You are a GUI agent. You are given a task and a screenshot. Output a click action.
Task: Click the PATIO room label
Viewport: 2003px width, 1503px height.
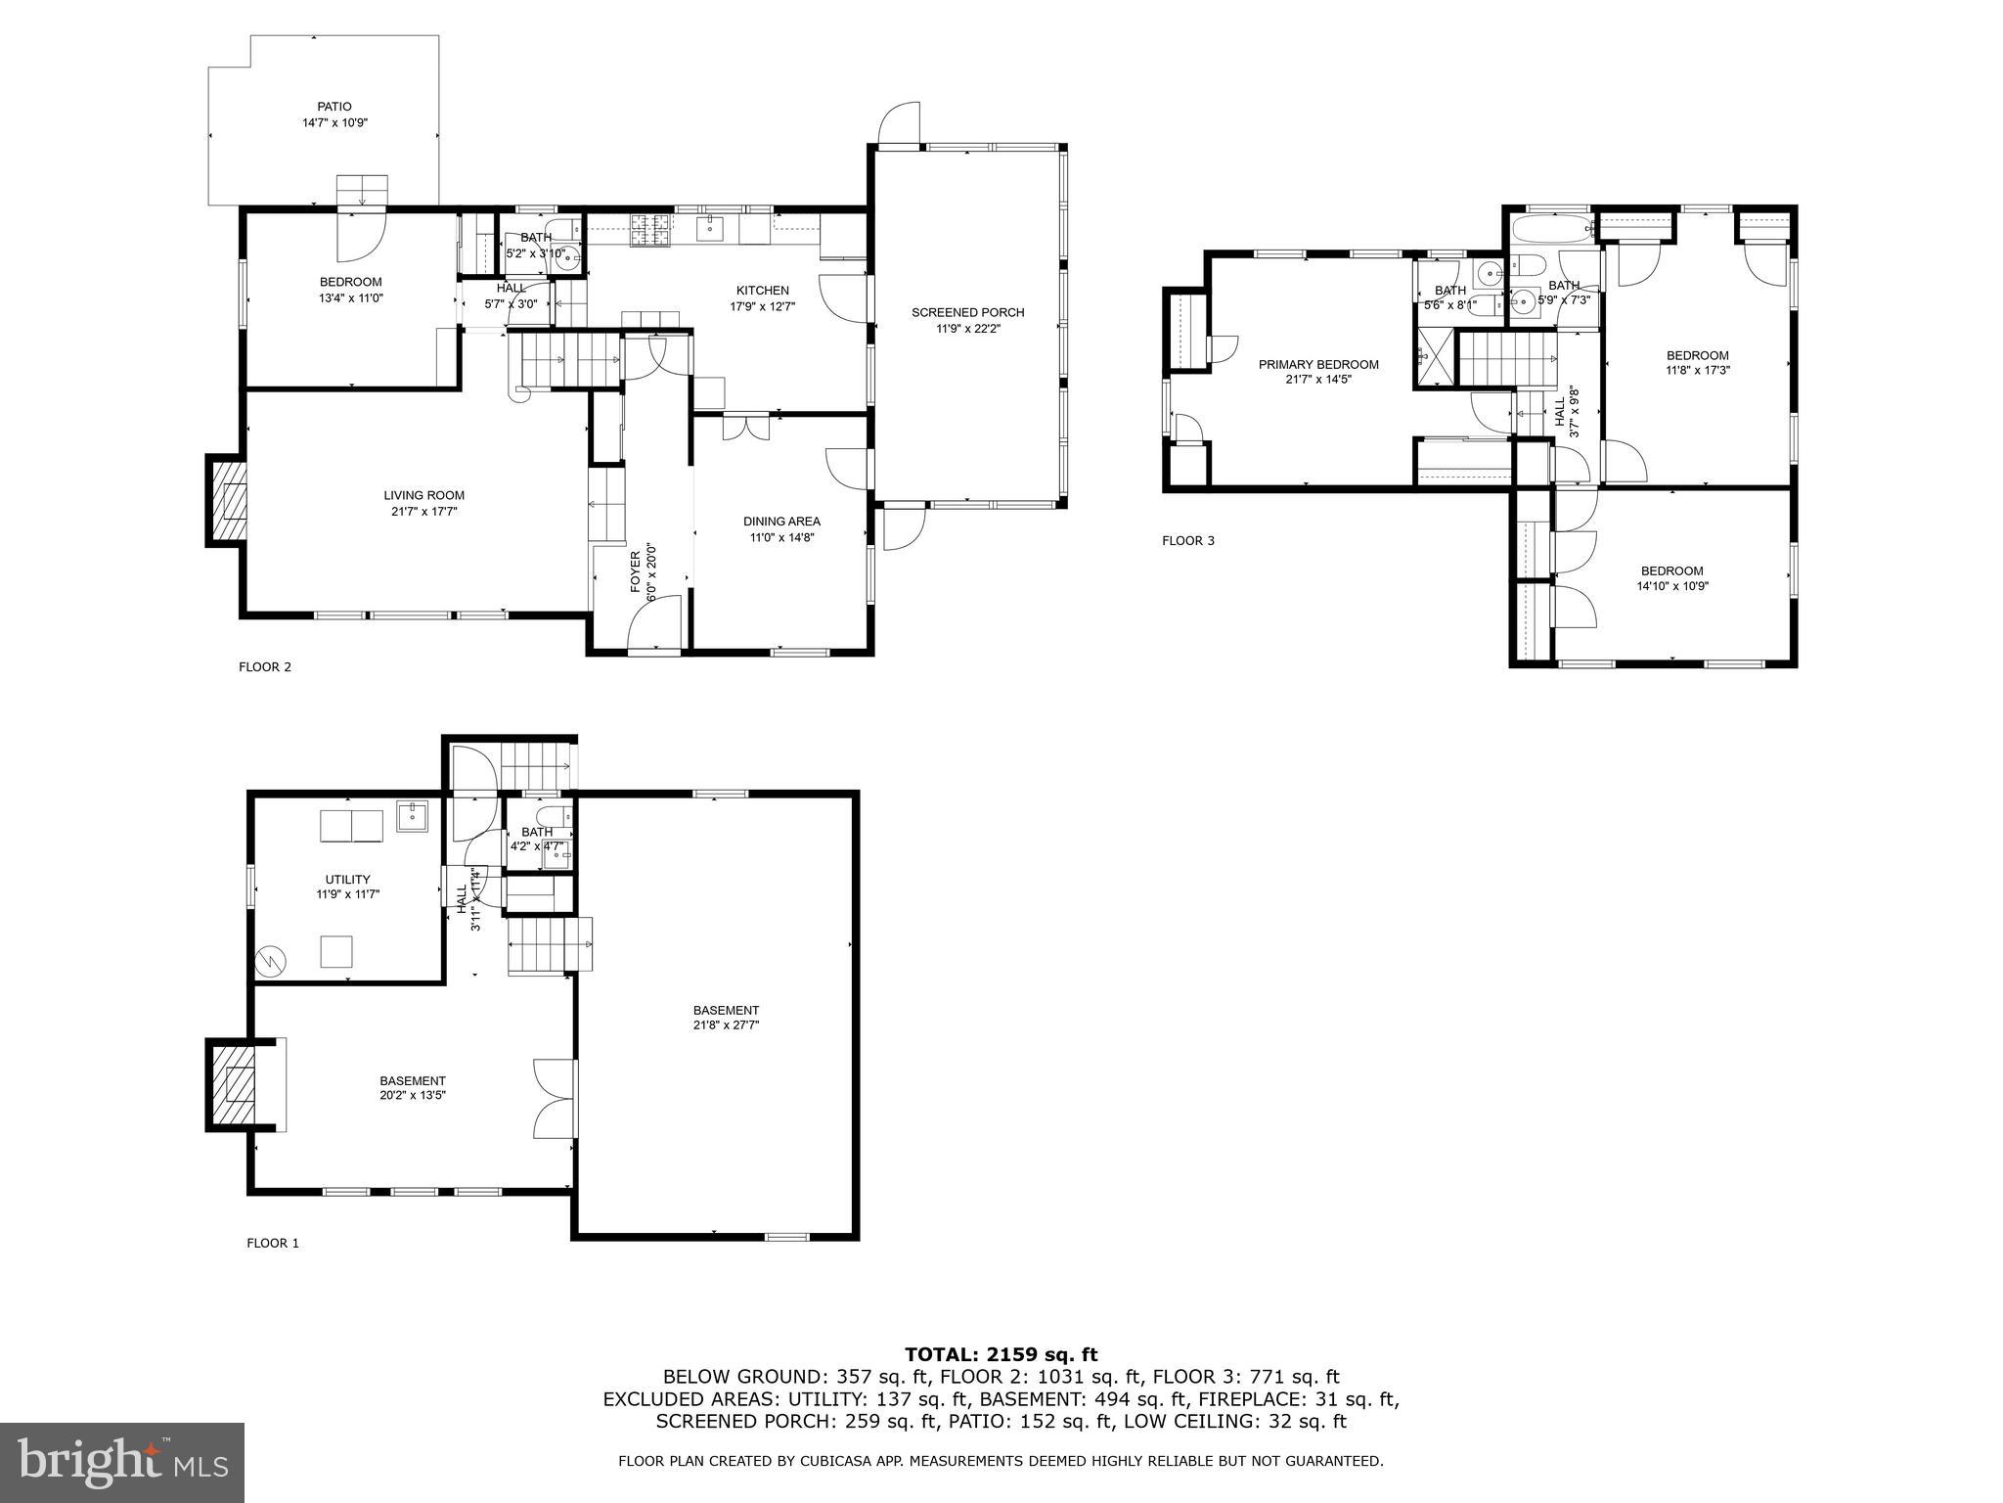(x=334, y=107)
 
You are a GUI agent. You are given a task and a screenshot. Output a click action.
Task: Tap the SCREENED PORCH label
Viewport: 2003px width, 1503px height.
(x=967, y=313)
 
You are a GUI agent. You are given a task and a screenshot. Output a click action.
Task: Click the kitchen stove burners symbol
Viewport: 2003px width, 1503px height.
(x=652, y=229)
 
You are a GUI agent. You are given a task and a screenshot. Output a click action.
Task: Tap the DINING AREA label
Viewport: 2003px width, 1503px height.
(x=781, y=522)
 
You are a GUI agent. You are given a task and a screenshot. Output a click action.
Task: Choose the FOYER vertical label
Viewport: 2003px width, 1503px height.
(x=635, y=570)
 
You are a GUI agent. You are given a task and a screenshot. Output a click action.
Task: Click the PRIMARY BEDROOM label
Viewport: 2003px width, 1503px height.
(x=1317, y=365)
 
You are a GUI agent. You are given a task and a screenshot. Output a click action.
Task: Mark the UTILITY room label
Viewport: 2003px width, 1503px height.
(x=347, y=880)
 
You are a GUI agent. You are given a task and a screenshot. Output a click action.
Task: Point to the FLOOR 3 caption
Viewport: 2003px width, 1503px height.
(x=1187, y=541)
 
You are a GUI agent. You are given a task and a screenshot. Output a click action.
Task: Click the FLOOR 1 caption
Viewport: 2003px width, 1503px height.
(x=272, y=1244)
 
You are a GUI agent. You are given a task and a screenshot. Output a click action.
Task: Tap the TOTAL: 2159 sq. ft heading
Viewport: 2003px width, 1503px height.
(x=1001, y=1354)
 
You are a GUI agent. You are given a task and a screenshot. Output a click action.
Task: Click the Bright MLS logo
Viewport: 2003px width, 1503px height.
(x=122, y=1462)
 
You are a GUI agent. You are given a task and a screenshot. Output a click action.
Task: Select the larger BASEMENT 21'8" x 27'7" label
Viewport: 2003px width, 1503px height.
(x=726, y=1011)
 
